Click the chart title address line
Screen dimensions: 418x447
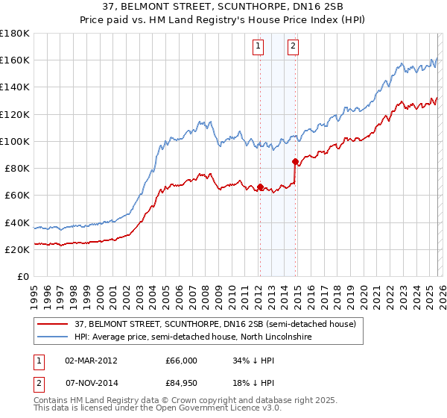coord(223,7)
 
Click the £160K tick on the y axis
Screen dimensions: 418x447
coord(15,60)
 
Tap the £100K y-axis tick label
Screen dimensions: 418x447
coord(15,141)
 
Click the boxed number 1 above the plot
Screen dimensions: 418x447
coord(259,46)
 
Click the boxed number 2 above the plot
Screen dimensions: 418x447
coord(293,46)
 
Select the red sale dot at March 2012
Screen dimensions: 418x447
coord(261,187)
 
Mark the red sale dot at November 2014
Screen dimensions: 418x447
coord(296,161)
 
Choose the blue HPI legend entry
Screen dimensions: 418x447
coord(191,337)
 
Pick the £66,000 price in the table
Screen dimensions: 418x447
coord(176,360)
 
